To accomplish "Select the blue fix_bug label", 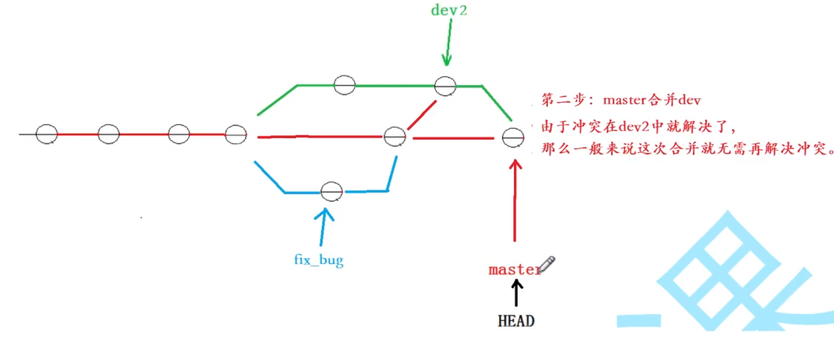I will tap(318, 260).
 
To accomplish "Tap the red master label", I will tap(514, 269).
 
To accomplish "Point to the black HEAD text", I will tap(516, 321).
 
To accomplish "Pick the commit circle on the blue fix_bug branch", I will tap(332, 191).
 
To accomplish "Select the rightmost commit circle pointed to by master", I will tap(513, 137).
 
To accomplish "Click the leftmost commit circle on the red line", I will tap(46, 134).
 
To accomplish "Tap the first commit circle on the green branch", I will tap(344, 84).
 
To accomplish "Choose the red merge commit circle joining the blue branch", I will tap(394, 136).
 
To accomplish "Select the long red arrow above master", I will tap(514, 198).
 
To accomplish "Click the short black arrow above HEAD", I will tap(516, 293).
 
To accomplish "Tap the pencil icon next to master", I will tap(547, 263).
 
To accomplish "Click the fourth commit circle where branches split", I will tap(236, 135).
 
